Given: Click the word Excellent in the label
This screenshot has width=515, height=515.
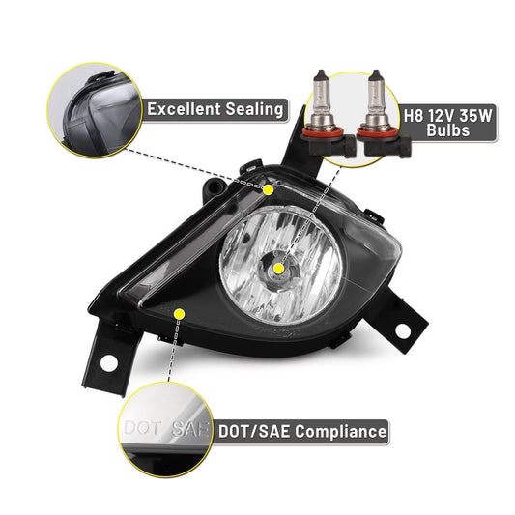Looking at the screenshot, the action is coord(184,109).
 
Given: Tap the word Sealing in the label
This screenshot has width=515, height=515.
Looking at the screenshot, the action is coord(254,110).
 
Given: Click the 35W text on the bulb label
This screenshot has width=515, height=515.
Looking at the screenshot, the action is coord(476,116).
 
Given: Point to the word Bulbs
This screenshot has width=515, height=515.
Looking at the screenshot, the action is coord(448,130).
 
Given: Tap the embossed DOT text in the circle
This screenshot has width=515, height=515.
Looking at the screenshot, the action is coord(143,428).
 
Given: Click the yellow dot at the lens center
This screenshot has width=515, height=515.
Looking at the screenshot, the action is coord(278,269).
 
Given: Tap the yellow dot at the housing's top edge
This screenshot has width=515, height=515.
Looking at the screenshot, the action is coord(268,189).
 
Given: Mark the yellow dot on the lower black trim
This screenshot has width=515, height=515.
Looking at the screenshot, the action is coord(180,314).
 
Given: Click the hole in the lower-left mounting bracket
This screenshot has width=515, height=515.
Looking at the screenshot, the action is coord(109,363).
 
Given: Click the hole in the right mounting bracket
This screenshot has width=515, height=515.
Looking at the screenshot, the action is coord(403,331).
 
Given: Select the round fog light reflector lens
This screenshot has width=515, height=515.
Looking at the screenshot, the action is coord(280,266).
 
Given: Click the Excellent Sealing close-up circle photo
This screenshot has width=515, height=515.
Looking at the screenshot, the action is coord(95,110).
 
